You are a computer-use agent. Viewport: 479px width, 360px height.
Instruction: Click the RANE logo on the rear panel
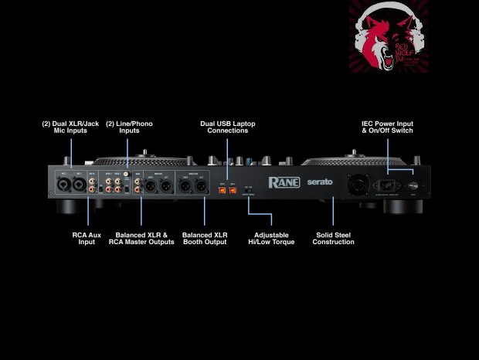(284, 183)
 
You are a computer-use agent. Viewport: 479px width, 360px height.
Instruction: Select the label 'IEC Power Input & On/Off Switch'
(387, 127)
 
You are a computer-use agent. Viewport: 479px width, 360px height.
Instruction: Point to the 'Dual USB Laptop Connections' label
(227, 127)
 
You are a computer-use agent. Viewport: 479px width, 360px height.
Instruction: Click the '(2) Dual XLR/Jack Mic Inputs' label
(65, 127)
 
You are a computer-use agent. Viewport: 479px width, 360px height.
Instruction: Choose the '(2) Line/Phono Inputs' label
(123, 127)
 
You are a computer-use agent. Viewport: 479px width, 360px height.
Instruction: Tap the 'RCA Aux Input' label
(87, 238)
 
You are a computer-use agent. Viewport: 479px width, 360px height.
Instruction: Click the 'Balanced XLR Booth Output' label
(205, 238)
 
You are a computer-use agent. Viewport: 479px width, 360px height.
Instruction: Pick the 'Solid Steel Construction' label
(333, 238)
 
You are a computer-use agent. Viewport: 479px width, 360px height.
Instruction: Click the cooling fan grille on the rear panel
(358, 185)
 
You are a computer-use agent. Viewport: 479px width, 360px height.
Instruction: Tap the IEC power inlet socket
(386, 185)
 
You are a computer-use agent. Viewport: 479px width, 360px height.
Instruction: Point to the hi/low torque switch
(248, 189)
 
